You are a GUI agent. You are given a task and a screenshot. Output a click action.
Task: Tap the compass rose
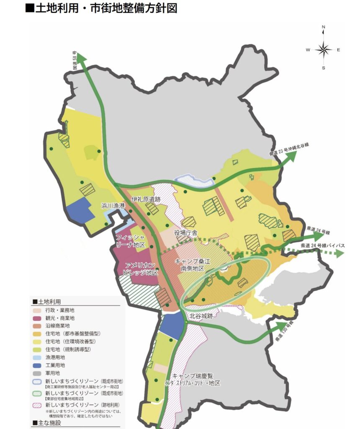(x=323, y=49)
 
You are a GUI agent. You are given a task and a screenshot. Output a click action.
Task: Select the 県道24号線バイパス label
(x=322, y=245)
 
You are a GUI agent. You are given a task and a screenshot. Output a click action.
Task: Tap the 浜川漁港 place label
(x=113, y=206)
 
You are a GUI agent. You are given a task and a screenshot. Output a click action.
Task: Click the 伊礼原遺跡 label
(x=146, y=199)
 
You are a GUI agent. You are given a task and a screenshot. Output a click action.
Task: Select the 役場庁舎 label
(x=186, y=233)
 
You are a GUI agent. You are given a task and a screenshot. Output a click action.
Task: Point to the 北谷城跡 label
(x=201, y=315)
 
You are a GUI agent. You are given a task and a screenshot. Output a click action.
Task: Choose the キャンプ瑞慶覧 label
(x=192, y=376)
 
